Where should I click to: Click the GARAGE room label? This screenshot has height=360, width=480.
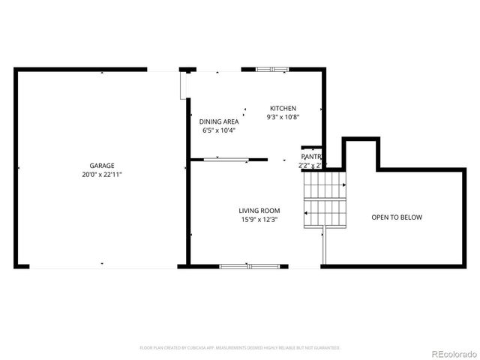pos(102,166)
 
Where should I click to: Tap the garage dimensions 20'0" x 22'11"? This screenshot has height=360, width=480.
pos(102,174)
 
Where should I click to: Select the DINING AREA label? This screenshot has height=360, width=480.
pos(219,121)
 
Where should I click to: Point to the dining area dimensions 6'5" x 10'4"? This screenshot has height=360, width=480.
pos(219,130)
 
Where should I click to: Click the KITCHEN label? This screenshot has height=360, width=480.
pos(283,109)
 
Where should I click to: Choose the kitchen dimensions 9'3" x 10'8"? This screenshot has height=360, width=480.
pos(283,117)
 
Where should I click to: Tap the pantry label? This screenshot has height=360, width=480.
pos(311,157)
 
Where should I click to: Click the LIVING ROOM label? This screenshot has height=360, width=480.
pos(259,211)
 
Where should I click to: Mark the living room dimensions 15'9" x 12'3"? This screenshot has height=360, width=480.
pos(259,220)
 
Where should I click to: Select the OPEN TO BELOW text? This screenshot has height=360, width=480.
pos(397,217)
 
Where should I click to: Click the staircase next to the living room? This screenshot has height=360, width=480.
pos(323,198)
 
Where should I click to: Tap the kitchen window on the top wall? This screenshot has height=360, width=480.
pos(271,70)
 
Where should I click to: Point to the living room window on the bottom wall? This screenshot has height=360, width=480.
pos(248,265)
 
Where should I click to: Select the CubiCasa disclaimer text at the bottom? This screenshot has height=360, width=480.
pos(240,348)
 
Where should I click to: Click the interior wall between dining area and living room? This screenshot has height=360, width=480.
pos(229,159)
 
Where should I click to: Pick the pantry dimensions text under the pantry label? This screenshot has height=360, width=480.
pos(311,165)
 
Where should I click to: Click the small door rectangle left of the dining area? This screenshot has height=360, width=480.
pos(184,84)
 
